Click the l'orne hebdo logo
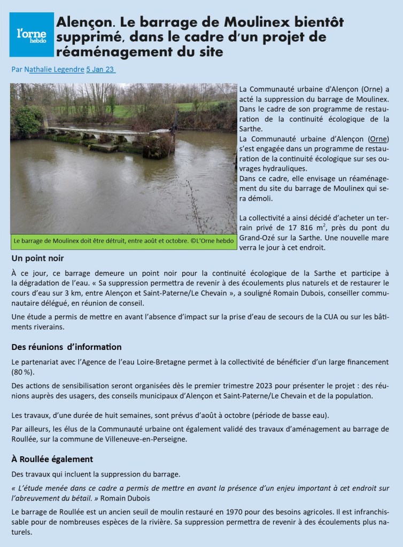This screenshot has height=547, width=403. [x=32, y=35]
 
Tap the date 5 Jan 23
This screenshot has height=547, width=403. [x=100, y=69]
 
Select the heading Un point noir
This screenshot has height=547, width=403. [x=37, y=259]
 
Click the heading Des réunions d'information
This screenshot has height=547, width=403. [x=66, y=347]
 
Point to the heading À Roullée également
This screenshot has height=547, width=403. [x=52, y=459]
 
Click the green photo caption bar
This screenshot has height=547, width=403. [x=123, y=241]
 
